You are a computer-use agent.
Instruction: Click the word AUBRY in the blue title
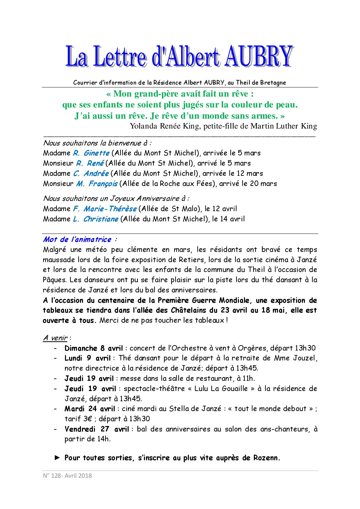(258, 56)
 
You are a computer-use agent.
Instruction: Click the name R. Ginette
(91, 153)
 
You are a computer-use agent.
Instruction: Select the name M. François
(97, 184)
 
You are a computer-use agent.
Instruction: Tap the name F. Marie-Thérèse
(105, 209)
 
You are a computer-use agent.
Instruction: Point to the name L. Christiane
(96, 219)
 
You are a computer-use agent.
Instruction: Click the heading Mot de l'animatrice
(80, 239)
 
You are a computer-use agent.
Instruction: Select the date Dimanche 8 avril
(94, 348)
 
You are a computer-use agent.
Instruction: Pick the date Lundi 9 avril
(87, 358)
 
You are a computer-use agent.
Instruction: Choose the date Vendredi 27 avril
(97, 429)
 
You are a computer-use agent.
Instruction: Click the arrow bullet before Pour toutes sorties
(57, 458)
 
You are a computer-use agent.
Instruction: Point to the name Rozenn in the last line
(265, 458)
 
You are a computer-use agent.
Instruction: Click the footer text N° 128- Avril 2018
(67, 475)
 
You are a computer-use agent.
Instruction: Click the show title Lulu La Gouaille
(221, 389)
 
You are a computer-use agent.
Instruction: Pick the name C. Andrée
(91, 173)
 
